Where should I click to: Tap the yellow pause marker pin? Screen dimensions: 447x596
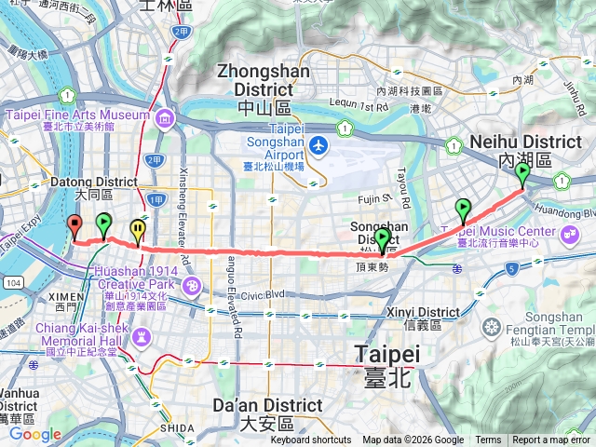pyautogui.click(x=138, y=228)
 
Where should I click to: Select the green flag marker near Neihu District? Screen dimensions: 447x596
pyautogui.click(x=522, y=173)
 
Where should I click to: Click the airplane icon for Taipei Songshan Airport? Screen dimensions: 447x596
pyautogui.click(x=318, y=145)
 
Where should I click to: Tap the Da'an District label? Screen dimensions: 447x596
pyautogui.click(x=267, y=406)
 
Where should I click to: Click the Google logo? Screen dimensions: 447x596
pyautogui.click(x=35, y=434)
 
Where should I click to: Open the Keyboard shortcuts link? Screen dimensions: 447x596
pyautogui.click(x=311, y=440)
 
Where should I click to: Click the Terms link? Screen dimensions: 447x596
pyautogui.click(x=488, y=440)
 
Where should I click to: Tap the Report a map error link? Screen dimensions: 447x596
pyautogui.click(x=551, y=440)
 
